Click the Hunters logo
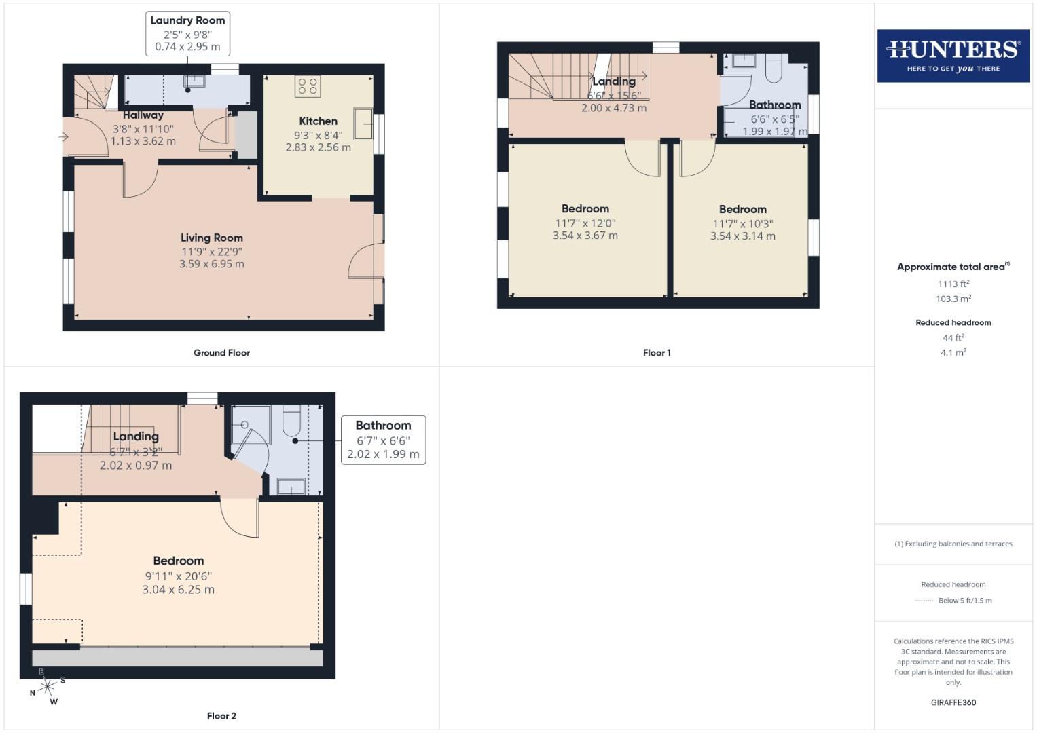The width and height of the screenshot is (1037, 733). point(953,56)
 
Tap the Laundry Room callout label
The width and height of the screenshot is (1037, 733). point(187,33)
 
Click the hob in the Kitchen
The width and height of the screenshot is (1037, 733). point(308,86)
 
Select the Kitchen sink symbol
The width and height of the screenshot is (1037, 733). point(363,123)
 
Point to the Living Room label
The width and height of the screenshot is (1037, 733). point(211,238)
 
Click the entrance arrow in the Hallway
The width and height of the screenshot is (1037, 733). point(63,137)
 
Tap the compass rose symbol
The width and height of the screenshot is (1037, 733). point(47,687)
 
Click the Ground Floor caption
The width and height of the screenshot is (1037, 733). point(221,352)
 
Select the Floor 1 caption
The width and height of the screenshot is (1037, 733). point(656,352)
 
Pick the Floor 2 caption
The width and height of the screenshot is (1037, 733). point(221,715)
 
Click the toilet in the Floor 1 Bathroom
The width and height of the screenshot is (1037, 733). point(774,68)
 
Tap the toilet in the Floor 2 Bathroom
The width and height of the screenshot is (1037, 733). point(291,421)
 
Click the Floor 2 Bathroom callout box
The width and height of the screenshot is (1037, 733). point(383,440)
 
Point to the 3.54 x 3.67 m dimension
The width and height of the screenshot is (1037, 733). point(585,236)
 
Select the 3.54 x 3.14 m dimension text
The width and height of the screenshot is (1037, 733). point(742,236)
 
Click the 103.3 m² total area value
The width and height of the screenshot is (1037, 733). point(953,299)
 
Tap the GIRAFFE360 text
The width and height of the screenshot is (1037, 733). point(953,702)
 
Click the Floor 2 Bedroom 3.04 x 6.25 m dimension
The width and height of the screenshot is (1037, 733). point(178,590)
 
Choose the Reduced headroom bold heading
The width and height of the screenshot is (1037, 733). point(953,322)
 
